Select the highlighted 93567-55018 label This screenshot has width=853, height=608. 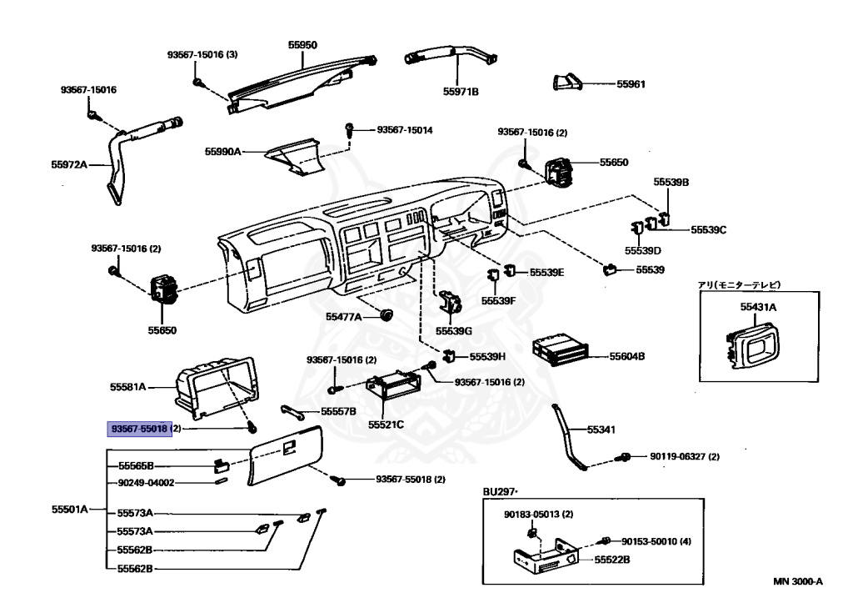[140, 429]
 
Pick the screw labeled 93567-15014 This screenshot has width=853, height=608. [350, 129]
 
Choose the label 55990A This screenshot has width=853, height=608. [222, 152]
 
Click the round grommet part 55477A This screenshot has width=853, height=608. [386, 315]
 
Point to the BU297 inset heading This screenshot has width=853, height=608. [501, 492]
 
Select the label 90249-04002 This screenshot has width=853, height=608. [146, 482]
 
